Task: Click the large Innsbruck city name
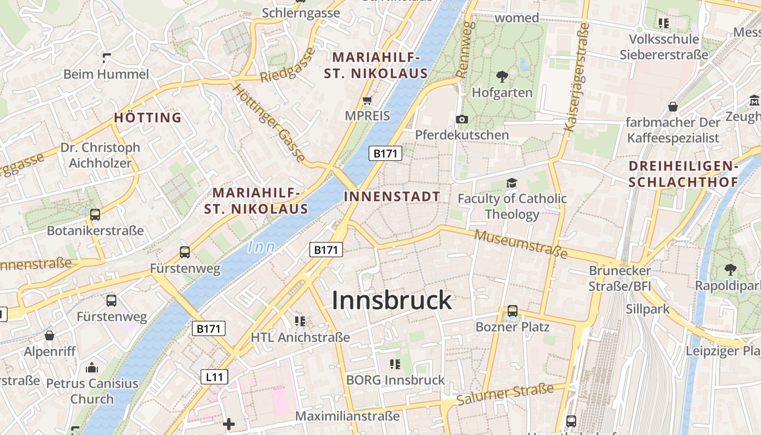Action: pos(391,300)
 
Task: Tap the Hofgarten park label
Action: pos(502,92)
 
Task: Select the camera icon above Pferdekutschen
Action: pos(462,119)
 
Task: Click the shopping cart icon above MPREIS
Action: pos(367,100)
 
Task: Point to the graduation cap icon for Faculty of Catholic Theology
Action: pos(512,183)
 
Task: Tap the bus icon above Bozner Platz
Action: pos(512,311)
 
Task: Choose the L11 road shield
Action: pos(214,376)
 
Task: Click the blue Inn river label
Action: pos(261,247)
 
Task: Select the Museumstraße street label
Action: pos(521,244)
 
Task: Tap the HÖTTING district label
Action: pos(148,117)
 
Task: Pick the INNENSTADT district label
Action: pos(392,196)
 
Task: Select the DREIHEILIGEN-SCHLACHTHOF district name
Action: pos(683,174)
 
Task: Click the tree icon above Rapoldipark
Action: pos(730,269)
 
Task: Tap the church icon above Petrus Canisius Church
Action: pos(92,368)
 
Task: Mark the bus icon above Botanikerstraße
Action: pos(95,215)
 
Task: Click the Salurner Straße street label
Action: pos(505,394)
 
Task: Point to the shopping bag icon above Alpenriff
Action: pos(49,335)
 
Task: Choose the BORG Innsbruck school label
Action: pos(395,380)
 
